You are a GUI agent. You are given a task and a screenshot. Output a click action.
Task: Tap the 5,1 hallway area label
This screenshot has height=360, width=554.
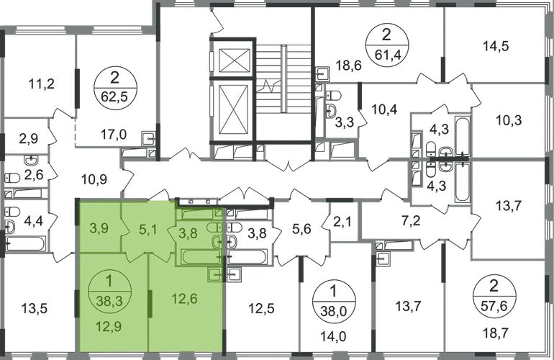147,231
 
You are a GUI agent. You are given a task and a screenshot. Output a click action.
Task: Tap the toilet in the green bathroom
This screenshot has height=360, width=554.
214,228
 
